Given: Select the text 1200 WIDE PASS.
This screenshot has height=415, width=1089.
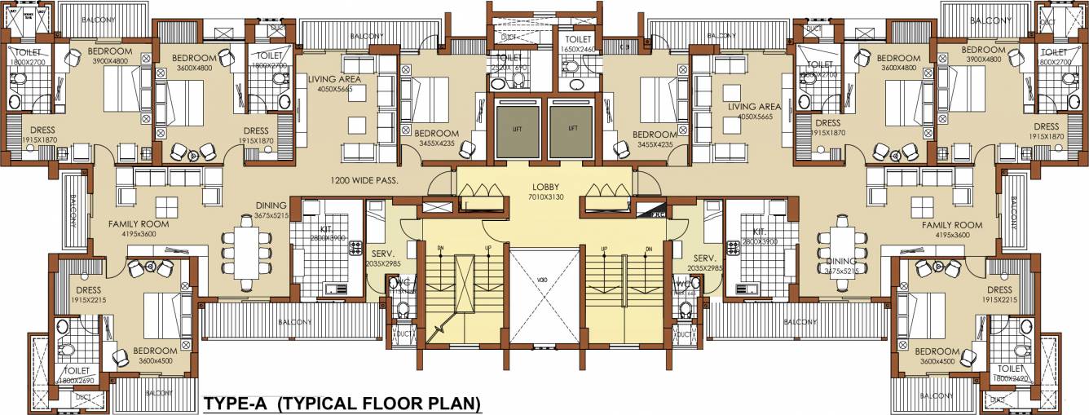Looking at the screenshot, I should pos(364,180).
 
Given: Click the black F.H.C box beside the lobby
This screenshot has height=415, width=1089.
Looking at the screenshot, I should pos(652,210).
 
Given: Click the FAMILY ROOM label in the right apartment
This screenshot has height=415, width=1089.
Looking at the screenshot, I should pos(952,224).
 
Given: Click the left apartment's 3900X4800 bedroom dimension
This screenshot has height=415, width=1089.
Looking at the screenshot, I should pos(109,60).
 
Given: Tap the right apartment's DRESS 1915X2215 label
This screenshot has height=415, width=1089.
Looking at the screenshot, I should pos(999,295).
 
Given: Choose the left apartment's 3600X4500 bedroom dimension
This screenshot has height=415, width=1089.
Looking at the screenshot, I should pos(157,361).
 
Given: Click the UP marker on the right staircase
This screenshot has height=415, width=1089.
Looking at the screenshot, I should pos(604,248).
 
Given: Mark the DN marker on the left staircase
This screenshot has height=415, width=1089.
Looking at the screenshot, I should pos(441,248).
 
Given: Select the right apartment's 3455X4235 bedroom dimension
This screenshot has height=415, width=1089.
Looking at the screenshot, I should pos(655,143).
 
